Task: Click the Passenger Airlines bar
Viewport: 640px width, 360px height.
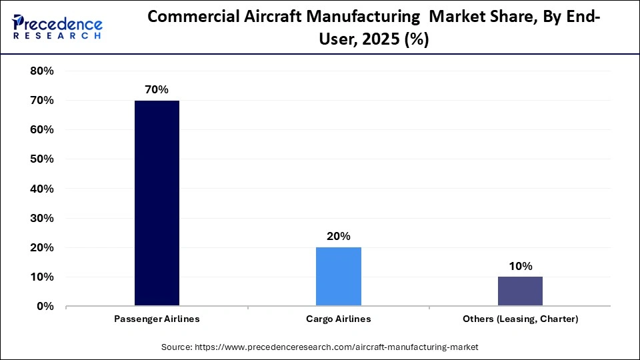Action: [x=157, y=203]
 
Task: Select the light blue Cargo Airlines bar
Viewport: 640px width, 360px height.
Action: [x=339, y=277]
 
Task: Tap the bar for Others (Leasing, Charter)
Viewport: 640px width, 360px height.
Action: [x=520, y=291]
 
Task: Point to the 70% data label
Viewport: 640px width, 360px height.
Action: [x=157, y=89]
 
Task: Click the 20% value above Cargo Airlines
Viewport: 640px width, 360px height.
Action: [x=339, y=236]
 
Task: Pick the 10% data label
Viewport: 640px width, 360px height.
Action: [x=520, y=266]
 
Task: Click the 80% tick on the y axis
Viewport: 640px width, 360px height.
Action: [x=41, y=71]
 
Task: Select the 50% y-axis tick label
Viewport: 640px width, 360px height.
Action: [x=41, y=159]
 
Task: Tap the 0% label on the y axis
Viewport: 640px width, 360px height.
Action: [x=45, y=307]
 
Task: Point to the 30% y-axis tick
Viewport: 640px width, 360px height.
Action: [x=41, y=218]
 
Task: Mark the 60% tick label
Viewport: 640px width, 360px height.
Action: [x=41, y=130]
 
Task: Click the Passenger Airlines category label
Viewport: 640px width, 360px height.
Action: [x=157, y=319]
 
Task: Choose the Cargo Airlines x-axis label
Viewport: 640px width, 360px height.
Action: [x=339, y=319]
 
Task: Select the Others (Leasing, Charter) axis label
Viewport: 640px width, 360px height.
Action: [x=520, y=319]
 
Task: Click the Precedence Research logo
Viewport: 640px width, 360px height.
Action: [x=57, y=27]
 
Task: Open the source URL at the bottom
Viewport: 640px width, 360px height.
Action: [x=337, y=347]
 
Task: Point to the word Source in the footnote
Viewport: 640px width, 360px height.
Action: [x=176, y=347]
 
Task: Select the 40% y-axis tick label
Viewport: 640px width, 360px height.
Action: [x=41, y=189]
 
